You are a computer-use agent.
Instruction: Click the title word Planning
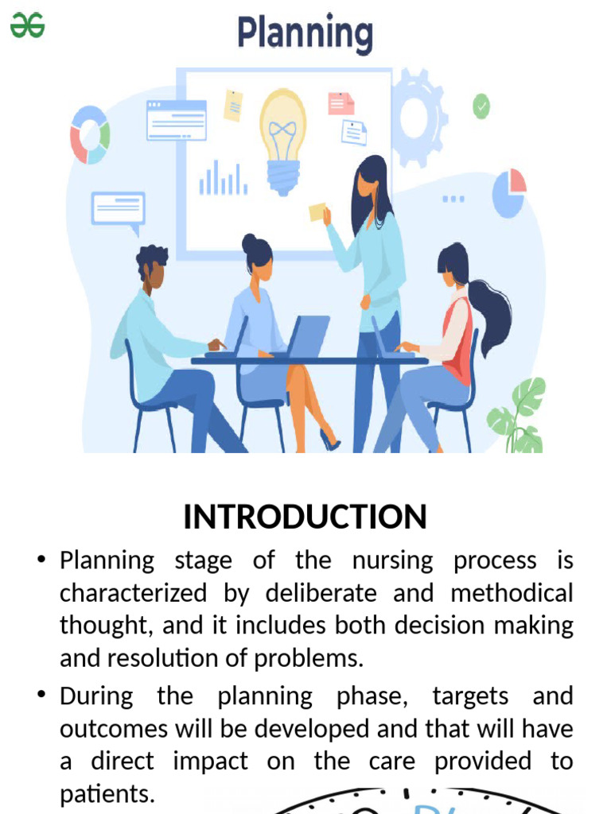(305, 34)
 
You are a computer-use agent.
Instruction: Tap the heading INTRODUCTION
(305, 517)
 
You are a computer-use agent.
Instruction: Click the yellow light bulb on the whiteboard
(282, 139)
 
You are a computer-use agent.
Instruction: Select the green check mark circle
(481, 106)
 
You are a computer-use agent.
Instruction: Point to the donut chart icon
(89, 135)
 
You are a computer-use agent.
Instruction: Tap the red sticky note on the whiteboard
(341, 103)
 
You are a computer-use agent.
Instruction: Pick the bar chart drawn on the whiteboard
(223, 179)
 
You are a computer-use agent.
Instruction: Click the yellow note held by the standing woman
(317, 212)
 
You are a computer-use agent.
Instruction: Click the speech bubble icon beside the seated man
(119, 209)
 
